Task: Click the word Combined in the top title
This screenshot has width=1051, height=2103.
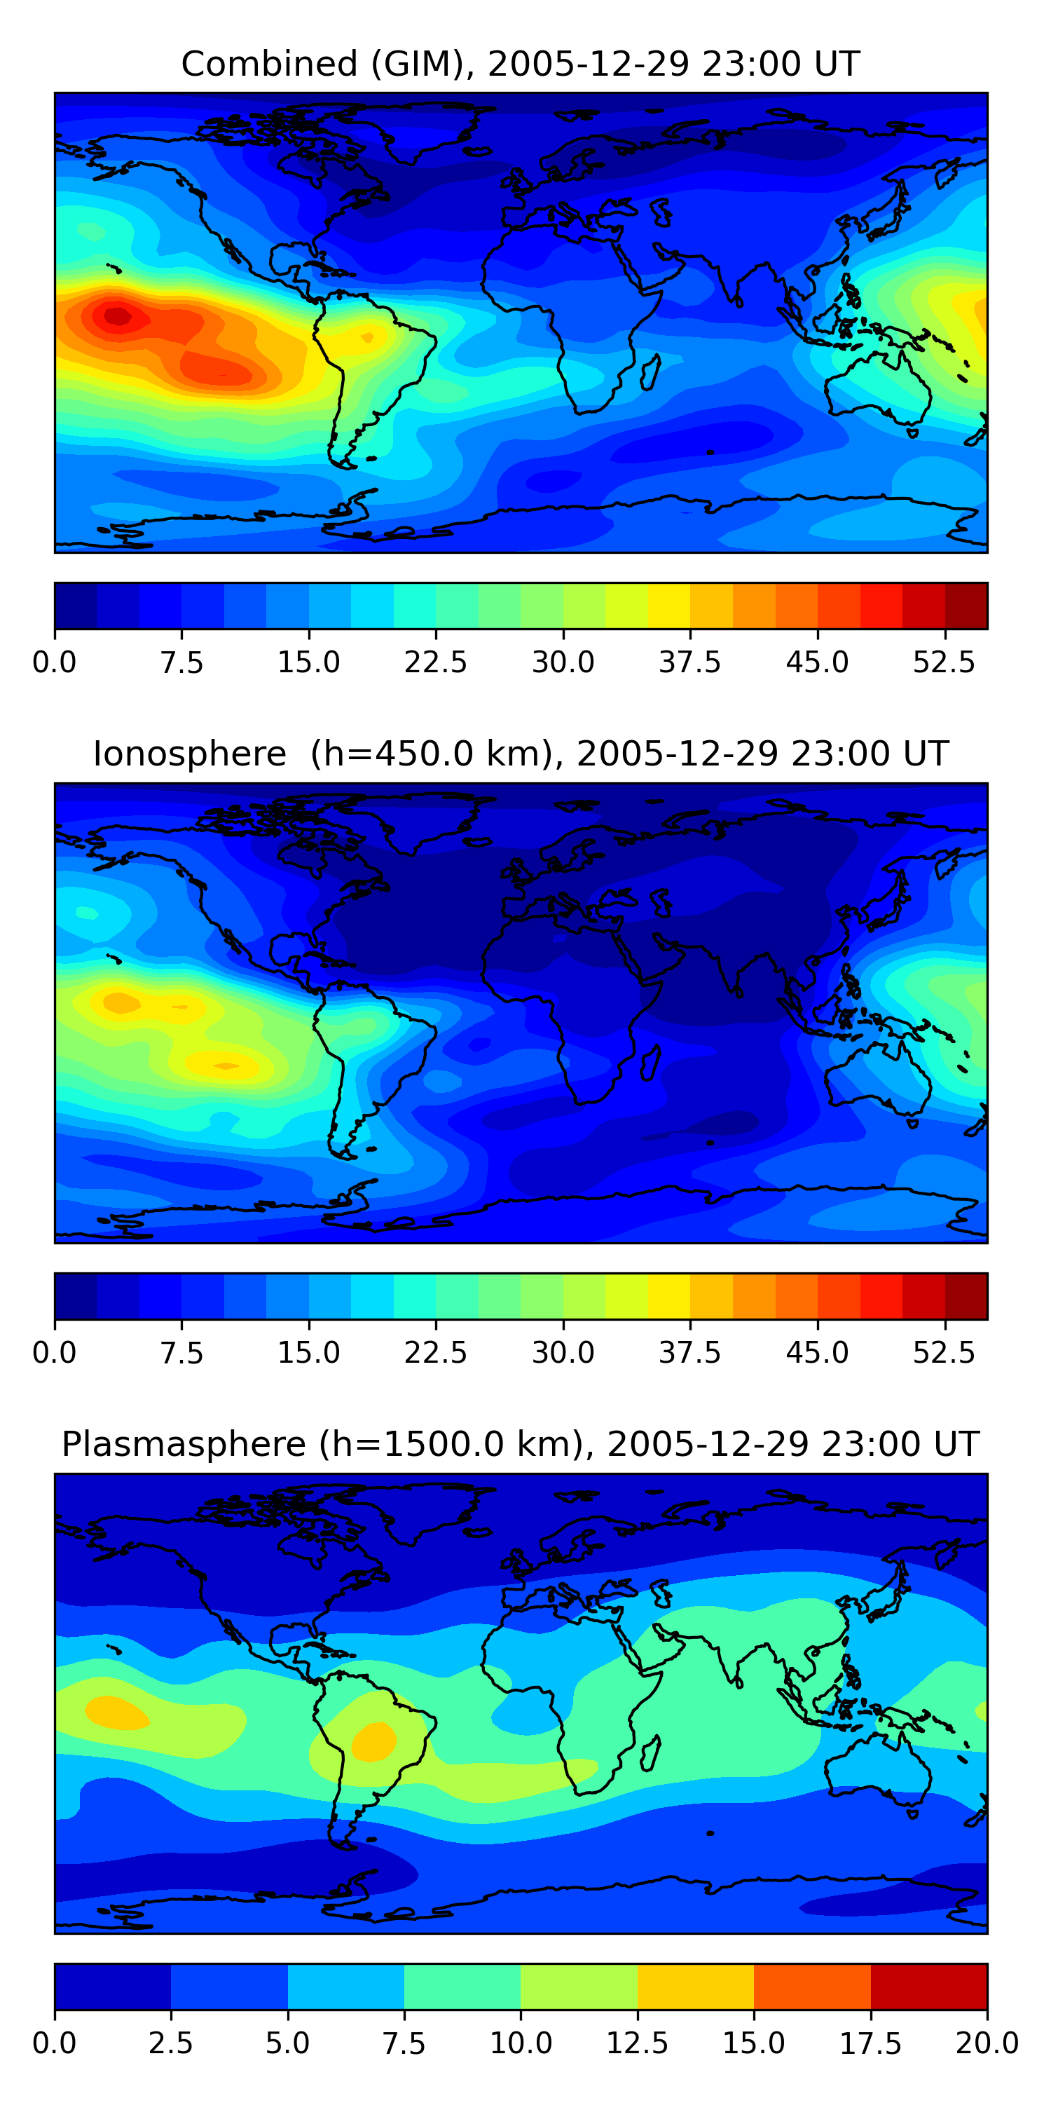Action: (269, 64)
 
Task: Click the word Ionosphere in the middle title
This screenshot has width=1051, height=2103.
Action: (189, 754)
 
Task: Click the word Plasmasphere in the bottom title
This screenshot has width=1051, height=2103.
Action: (184, 1445)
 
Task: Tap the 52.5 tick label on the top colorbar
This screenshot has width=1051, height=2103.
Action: (944, 662)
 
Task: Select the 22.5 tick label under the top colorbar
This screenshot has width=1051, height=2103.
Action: (436, 662)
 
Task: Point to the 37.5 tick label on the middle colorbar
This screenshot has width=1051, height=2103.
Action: (690, 1353)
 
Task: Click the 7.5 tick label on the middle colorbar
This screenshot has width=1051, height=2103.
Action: (181, 1353)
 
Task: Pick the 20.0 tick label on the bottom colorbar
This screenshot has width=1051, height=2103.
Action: (987, 2043)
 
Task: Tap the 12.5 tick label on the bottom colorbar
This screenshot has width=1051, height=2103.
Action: (638, 2043)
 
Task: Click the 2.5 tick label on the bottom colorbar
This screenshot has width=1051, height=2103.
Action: (170, 2043)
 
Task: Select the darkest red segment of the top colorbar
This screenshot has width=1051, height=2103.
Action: (966, 606)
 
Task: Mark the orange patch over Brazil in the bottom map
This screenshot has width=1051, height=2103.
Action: (373, 1741)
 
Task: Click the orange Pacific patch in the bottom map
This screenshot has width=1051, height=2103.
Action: (117, 1711)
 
